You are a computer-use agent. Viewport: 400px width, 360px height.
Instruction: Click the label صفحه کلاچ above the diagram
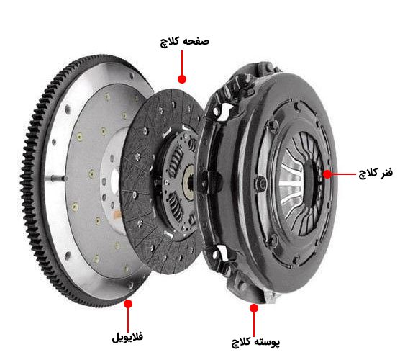point(183,42)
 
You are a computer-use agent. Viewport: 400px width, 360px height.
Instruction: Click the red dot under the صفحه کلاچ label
point(183,76)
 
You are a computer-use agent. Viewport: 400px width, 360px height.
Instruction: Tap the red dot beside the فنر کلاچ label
point(327,174)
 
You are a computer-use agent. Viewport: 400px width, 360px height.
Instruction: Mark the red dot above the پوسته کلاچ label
point(253,307)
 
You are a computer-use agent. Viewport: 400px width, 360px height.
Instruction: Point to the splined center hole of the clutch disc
point(189,175)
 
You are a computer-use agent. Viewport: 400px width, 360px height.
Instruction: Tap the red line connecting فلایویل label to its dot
point(129,317)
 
